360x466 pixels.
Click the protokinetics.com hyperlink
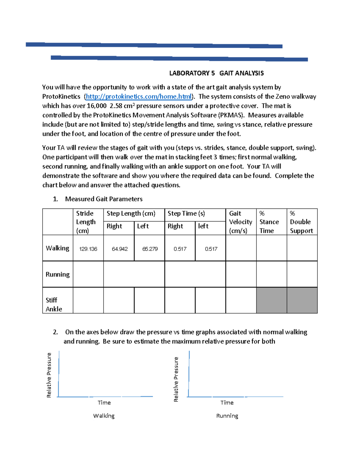[x=139, y=97]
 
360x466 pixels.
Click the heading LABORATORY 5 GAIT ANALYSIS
[x=216, y=73]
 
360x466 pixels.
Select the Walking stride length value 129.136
[x=88, y=249]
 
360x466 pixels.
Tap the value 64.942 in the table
[x=119, y=249]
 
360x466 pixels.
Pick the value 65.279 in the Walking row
[x=150, y=249]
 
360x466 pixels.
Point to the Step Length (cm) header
[x=131, y=214]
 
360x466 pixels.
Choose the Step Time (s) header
[x=186, y=214]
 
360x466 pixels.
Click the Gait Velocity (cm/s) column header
[x=240, y=222]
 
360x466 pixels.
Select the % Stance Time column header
[x=269, y=222]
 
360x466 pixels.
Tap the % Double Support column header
[x=301, y=222]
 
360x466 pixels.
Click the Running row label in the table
[x=58, y=274]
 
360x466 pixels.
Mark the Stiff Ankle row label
[x=54, y=304]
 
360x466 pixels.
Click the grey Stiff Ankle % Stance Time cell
[x=271, y=300]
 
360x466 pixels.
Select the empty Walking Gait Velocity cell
[x=241, y=248]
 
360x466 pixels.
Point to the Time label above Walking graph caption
[x=104, y=403]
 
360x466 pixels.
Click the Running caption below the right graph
[x=227, y=416]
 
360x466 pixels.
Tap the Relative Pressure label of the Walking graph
[x=49, y=375]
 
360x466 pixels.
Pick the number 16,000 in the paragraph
[x=97, y=106]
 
